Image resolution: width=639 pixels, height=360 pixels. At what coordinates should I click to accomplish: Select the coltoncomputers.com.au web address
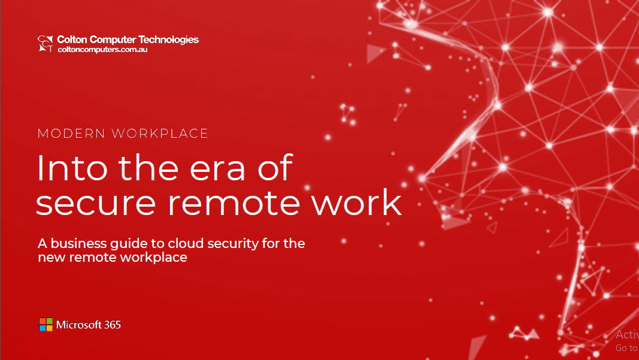(102, 50)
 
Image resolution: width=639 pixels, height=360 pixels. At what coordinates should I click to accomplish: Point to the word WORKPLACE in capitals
(160, 134)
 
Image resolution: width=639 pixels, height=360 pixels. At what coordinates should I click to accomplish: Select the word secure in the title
(96, 204)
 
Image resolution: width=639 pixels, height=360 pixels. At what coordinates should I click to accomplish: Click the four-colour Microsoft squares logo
(46, 325)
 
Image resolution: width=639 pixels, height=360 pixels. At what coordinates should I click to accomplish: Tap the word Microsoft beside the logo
(78, 325)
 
